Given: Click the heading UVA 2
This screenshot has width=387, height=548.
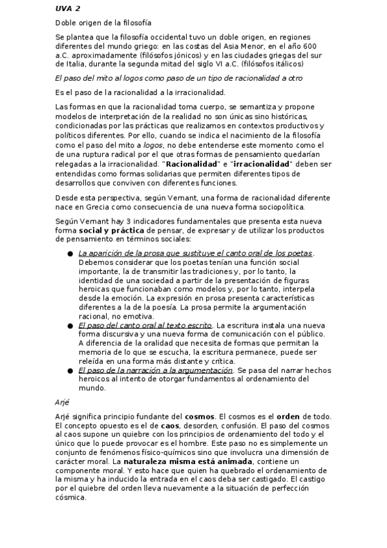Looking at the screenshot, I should click(x=68, y=9).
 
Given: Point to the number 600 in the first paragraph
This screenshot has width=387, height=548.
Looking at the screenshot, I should click(x=309, y=47).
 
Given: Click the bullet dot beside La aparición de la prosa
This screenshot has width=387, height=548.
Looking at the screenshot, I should click(x=70, y=254).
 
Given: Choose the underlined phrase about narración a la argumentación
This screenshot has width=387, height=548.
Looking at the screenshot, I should click(x=155, y=371).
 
